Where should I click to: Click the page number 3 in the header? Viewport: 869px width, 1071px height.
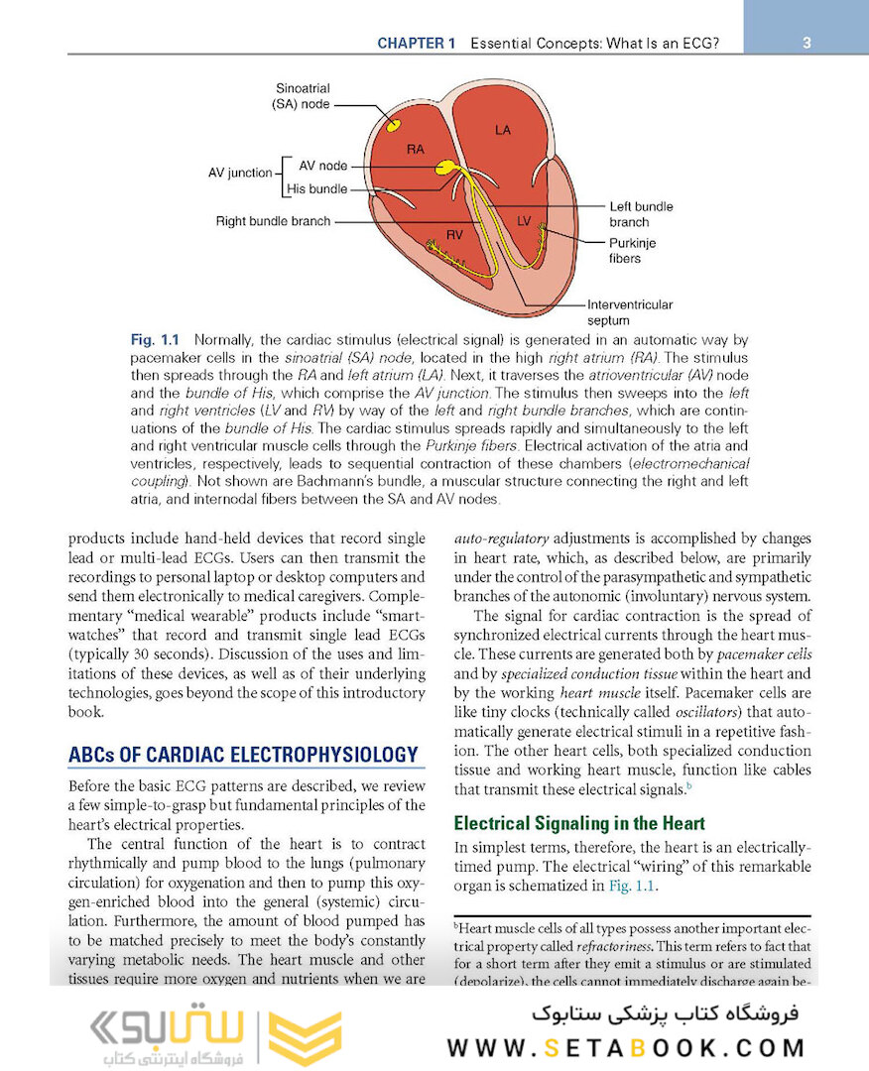point(807,44)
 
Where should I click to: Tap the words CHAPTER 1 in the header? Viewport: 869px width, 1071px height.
point(416,44)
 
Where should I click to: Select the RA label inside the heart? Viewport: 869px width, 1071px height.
point(416,149)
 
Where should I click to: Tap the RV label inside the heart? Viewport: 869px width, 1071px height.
point(455,235)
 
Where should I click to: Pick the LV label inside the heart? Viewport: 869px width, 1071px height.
point(525,218)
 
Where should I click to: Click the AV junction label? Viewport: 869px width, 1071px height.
point(240,173)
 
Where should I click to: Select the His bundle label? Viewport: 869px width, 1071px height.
point(316,189)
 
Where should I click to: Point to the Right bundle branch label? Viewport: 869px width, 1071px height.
point(273,221)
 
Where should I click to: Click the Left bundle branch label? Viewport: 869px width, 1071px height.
point(641,214)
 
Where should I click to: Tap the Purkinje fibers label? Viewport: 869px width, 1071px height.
point(632,250)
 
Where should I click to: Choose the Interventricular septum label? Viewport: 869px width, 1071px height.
point(629,312)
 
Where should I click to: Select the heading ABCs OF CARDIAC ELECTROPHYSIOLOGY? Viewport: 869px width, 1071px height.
point(243,755)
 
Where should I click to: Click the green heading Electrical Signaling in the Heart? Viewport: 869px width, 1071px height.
point(579,823)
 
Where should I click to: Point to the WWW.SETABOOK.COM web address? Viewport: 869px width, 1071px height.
point(626,1048)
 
